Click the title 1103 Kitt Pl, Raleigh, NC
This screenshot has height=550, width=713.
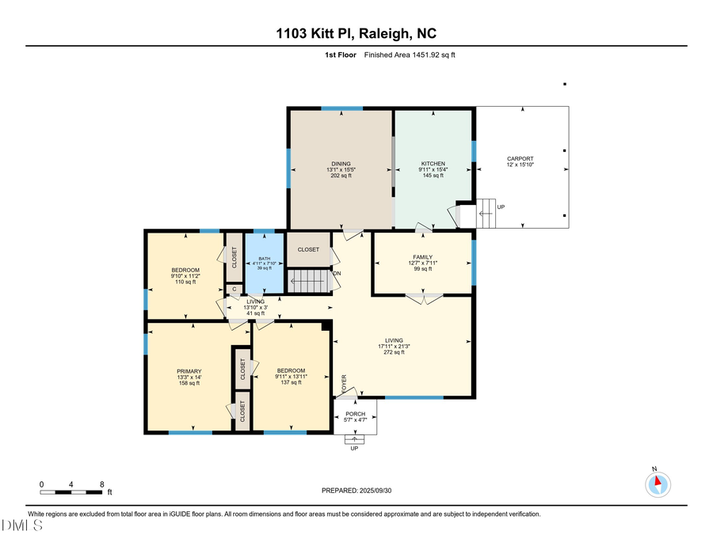tap(356, 33)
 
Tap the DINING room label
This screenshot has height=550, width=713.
tap(341, 164)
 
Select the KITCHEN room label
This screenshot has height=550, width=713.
tap(433, 164)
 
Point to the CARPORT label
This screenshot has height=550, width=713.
tap(520, 158)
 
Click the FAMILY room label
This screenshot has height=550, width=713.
tap(422, 257)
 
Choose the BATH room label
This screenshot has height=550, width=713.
tap(264, 257)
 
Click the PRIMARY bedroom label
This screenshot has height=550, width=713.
tap(189, 371)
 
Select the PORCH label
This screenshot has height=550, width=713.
tap(355, 414)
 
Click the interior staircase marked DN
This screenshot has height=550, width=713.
tap(307, 281)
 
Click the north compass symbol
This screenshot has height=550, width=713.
tap(658, 484)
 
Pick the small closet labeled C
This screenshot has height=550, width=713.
tap(234, 289)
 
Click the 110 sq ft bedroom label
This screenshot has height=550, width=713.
tap(185, 282)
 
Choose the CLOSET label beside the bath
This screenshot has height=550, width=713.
tap(308, 249)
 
